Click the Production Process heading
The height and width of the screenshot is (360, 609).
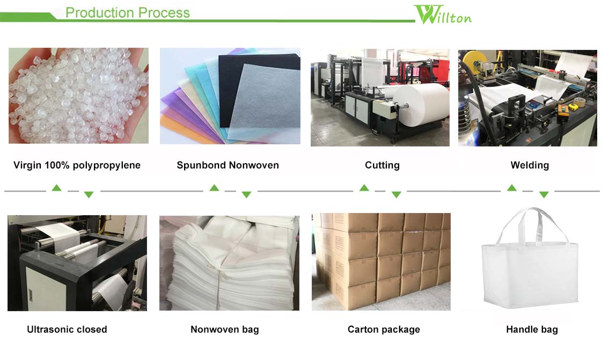(x=127, y=12)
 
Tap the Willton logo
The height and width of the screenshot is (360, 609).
(x=443, y=14)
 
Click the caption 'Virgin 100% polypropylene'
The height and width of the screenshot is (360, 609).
(x=77, y=165)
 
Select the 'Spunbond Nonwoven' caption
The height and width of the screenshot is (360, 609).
(x=228, y=165)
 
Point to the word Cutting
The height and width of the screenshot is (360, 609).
(x=382, y=165)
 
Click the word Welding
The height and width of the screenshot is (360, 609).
(x=530, y=165)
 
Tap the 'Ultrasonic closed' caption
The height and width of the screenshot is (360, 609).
(x=67, y=329)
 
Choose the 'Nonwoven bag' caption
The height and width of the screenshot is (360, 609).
(x=224, y=329)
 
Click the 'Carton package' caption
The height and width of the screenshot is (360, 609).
(x=384, y=329)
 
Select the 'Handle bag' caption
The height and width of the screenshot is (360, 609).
(x=532, y=329)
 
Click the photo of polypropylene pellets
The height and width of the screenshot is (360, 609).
(x=78, y=95)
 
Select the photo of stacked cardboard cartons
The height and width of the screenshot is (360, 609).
(x=381, y=261)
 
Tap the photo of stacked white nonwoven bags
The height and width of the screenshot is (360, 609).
(x=229, y=263)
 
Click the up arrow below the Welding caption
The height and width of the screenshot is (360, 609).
(x=512, y=188)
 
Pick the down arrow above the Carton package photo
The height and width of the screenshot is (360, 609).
(x=396, y=195)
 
